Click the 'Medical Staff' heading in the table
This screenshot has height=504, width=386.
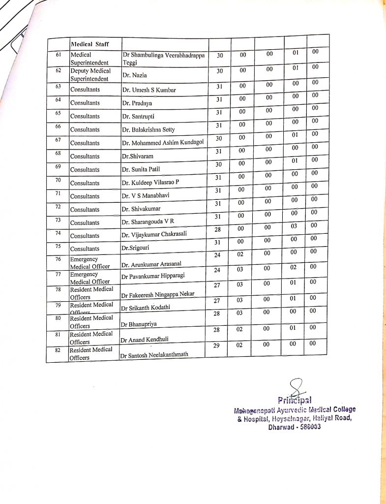[x=89, y=44]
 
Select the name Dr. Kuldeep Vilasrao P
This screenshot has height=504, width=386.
[x=150, y=183]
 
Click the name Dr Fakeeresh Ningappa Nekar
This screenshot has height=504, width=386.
[x=157, y=294]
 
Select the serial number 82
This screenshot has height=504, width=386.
[x=58, y=350]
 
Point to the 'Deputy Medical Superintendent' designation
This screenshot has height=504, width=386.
[x=90, y=74]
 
